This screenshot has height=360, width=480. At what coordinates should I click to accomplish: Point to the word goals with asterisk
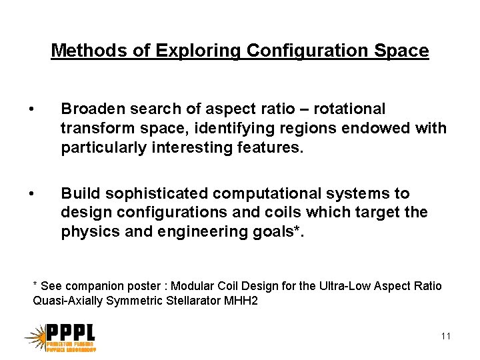click(279, 232)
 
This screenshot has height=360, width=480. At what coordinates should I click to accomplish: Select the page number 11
click(446, 336)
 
